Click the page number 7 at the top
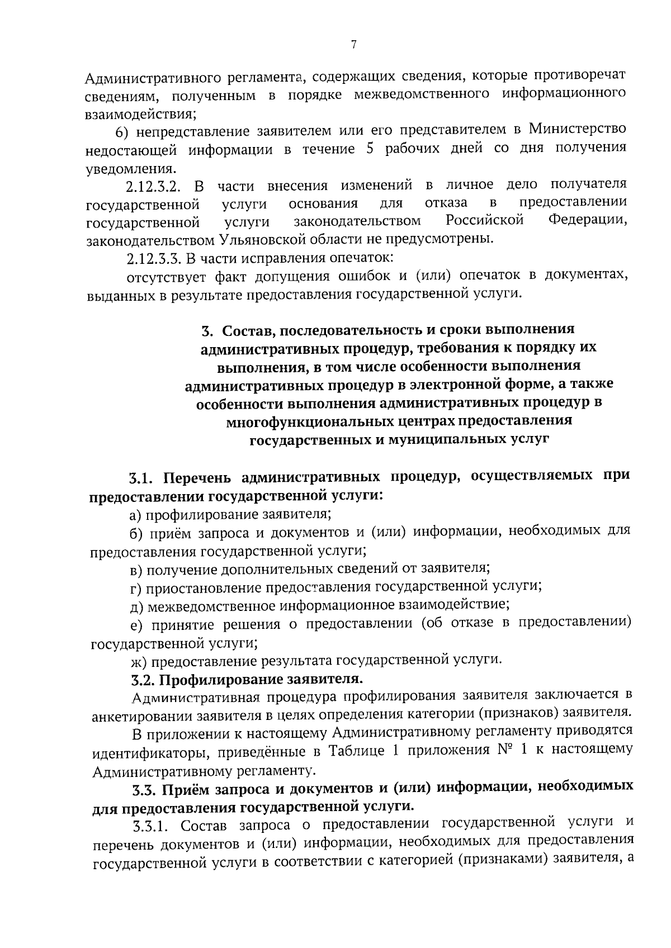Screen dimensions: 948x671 pyautogui.click(x=354, y=46)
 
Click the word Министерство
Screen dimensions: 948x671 pyautogui.click(x=577, y=130)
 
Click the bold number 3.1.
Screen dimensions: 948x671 pyautogui.click(x=141, y=478)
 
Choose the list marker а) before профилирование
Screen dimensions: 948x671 pyautogui.click(x=137, y=514)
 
